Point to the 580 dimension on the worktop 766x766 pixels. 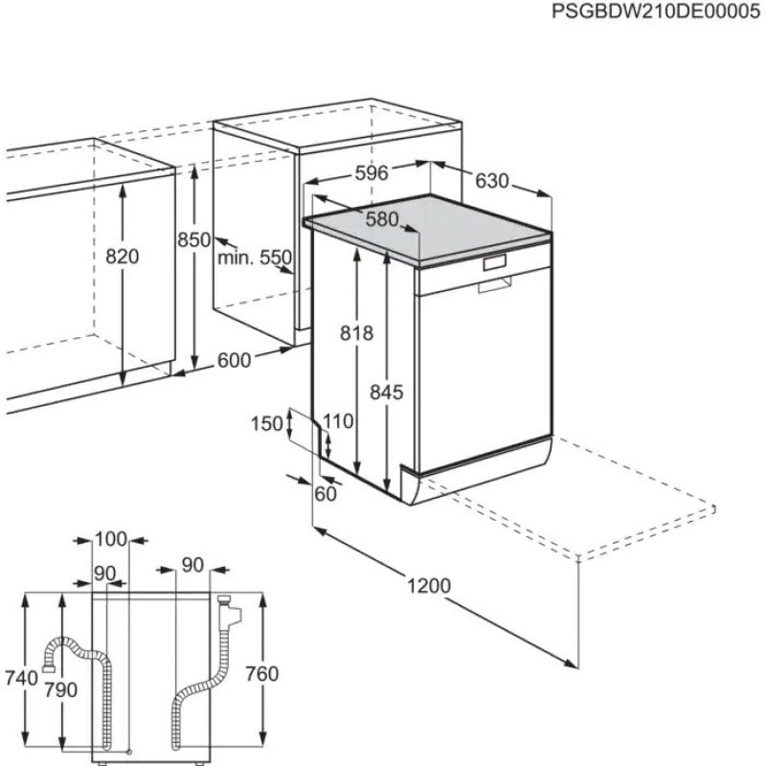[381, 219]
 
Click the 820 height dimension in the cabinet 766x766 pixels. [123, 256]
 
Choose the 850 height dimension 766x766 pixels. [192, 241]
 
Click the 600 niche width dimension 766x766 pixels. [234, 360]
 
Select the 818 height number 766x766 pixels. [356, 332]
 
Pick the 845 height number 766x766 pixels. [387, 392]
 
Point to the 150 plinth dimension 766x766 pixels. [267, 423]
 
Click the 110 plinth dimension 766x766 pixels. [337, 421]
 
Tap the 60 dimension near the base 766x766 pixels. [326, 493]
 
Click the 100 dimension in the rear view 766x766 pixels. [111, 539]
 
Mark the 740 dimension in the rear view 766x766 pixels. [20, 677]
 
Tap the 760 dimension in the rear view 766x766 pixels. [261, 674]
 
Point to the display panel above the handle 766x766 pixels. [496, 261]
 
